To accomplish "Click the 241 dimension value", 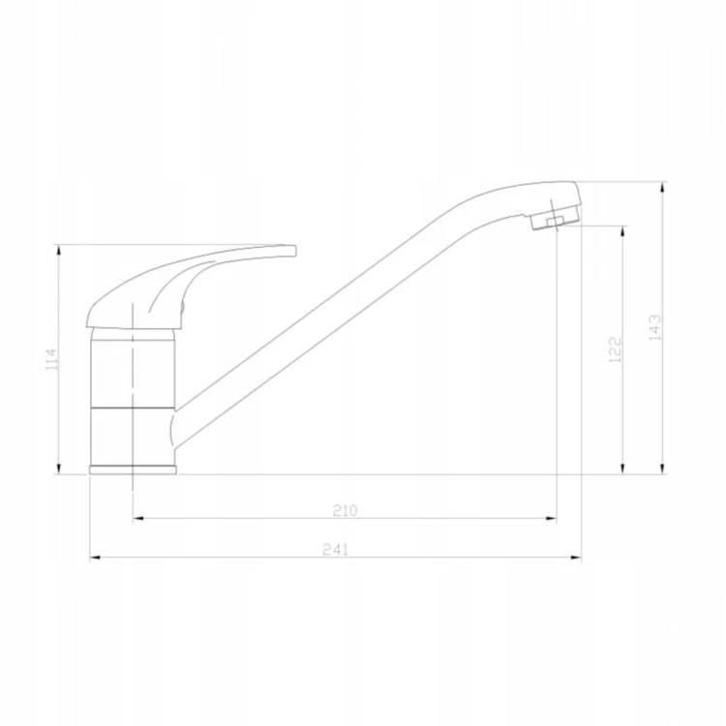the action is click(335, 549).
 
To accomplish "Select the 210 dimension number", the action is click(345, 510).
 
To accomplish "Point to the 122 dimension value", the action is click(615, 349).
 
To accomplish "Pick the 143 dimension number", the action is click(655, 327).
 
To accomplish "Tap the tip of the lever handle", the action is click(294, 251).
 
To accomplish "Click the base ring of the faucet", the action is click(133, 469).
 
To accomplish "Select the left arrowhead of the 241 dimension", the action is click(95, 558).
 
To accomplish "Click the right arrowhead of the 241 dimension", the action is click(576, 558).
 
